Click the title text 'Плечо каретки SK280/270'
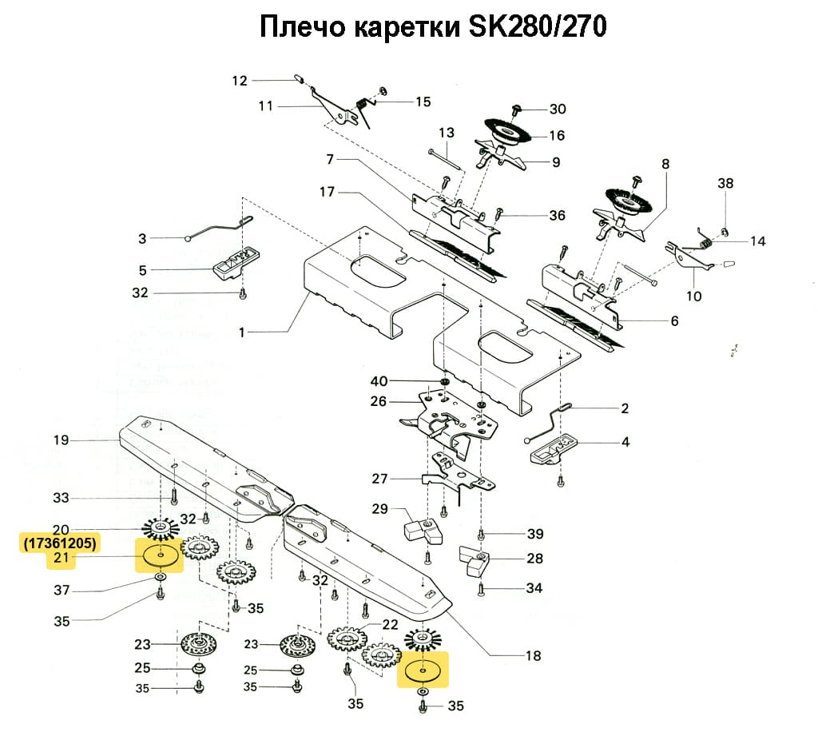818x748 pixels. point(432,27)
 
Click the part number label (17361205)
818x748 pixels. point(60,543)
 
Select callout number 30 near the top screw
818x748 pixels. point(557,109)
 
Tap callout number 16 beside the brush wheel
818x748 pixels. point(557,135)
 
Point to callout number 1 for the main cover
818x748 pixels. point(241,331)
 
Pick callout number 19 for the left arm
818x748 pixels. point(62,440)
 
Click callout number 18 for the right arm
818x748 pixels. point(533,656)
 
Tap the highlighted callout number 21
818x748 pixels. point(62,558)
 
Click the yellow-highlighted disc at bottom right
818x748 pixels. point(423,670)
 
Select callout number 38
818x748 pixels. point(725,183)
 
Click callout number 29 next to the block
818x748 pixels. point(379,509)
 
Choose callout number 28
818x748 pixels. point(534,559)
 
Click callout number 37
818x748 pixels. point(62,591)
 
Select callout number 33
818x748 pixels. point(62,498)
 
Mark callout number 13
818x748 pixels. point(446,133)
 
